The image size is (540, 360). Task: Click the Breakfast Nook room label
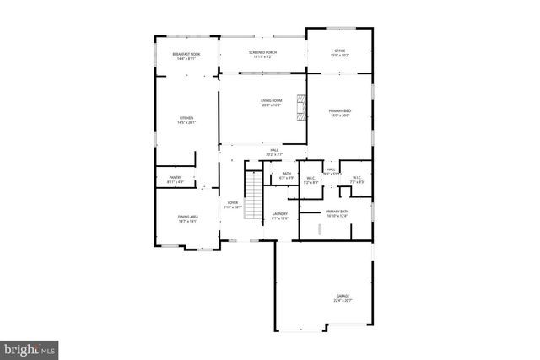pyautogui.click(x=186, y=54)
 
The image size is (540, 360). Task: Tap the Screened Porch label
pyautogui.click(x=262, y=52)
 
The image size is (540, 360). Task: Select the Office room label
pyautogui.click(x=339, y=51)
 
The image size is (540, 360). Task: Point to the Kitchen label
pyautogui.click(x=186, y=117)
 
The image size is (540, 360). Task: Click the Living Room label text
pyautogui.click(x=271, y=101)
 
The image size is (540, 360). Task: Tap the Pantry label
pyautogui.click(x=175, y=177)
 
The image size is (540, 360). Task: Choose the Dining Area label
pyautogui.click(x=187, y=217)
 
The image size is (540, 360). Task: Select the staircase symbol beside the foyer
pyautogui.click(x=250, y=194)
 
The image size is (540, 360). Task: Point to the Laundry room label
pyautogui.click(x=280, y=214)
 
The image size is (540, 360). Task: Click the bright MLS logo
pyautogui.click(x=30, y=347)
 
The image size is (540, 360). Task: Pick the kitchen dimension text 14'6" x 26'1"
pyautogui.click(x=186, y=122)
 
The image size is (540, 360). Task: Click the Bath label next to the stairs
pyautogui.click(x=287, y=174)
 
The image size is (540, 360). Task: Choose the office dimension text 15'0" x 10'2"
pyautogui.click(x=339, y=56)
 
